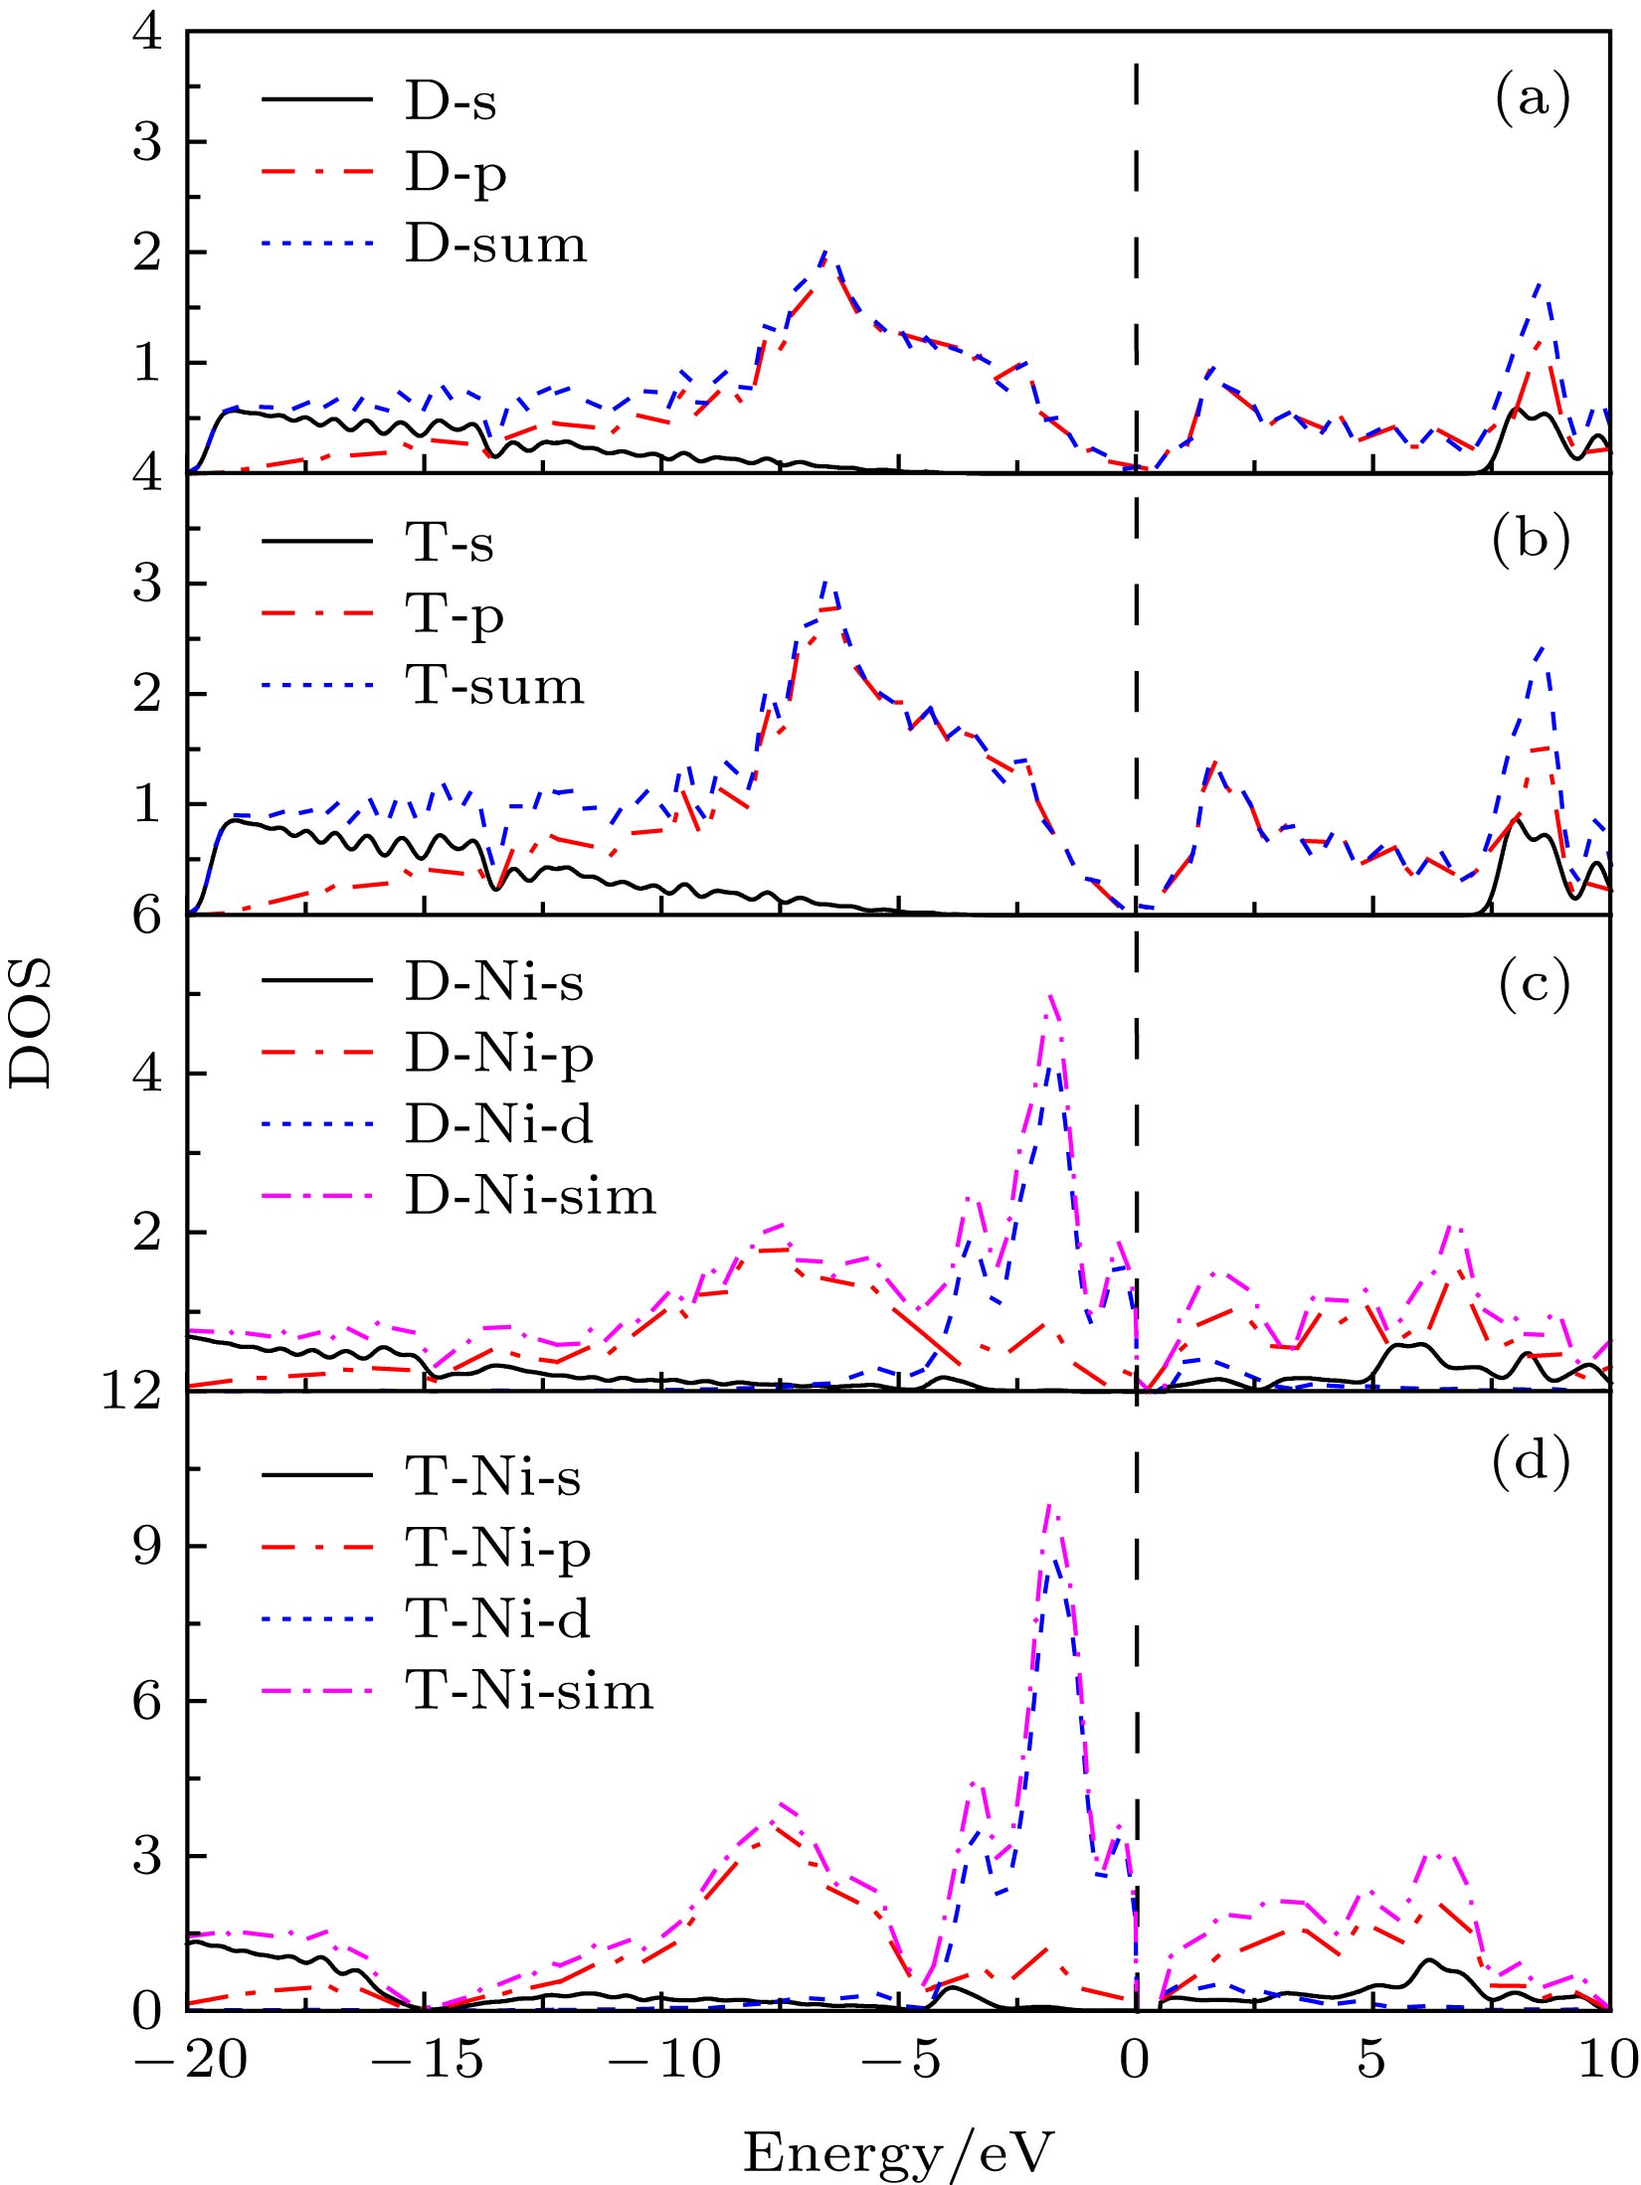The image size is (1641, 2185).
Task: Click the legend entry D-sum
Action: click(495, 245)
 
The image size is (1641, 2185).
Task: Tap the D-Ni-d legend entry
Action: click(498, 1124)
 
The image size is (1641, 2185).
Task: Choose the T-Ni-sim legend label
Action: click(529, 1690)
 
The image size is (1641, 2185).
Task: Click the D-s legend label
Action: click(450, 101)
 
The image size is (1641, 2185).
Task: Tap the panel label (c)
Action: click(1531, 982)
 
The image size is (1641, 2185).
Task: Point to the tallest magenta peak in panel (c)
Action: click(1050, 995)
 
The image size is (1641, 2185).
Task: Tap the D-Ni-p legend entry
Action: click(498, 1054)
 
